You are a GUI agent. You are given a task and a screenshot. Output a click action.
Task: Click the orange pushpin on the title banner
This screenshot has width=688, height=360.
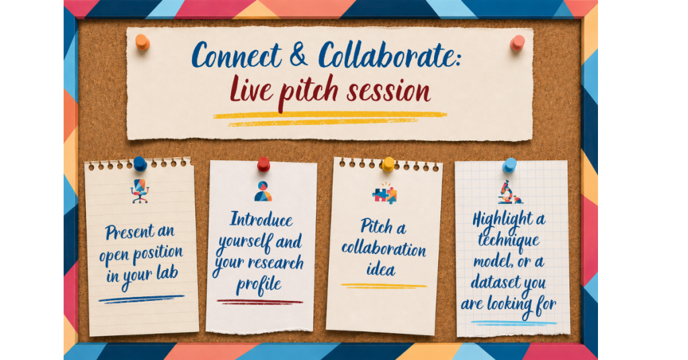(x=142, y=42)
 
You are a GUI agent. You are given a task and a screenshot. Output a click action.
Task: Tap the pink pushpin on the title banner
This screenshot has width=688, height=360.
(x=517, y=42)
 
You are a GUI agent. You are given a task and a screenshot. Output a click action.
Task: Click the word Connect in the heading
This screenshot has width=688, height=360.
(x=236, y=56)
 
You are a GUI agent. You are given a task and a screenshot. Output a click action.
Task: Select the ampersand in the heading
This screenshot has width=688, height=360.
(x=299, y=55)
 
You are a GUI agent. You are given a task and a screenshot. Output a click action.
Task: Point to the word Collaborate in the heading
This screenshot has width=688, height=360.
(x=389, y=55)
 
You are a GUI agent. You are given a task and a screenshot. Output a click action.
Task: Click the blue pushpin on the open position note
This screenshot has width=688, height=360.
(x=140, y=164)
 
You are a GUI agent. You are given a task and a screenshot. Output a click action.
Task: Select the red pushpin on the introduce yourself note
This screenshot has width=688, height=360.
(x=263, y=164)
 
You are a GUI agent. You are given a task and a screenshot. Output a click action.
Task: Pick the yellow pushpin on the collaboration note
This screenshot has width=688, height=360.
(x=388, y=165)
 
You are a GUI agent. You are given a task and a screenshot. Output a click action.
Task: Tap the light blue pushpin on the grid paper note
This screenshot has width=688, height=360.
(x=509, y=165)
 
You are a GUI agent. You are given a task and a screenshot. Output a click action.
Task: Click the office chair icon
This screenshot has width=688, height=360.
(x=140, y=191)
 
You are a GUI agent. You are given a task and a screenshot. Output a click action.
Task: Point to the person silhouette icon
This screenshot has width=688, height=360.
(x=263, y=191)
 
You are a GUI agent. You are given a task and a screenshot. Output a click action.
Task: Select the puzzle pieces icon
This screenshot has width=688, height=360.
(x=385, y=193)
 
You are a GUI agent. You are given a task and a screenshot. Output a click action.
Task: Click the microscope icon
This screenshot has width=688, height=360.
(x=509, y=193)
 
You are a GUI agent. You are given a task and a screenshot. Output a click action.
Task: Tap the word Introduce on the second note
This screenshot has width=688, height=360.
(x=261, y=219)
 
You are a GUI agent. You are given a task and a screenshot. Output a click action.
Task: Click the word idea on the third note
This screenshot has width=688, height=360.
(x=381, y=269)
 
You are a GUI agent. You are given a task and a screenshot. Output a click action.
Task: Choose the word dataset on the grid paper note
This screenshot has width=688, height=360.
(x=498, y=282)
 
